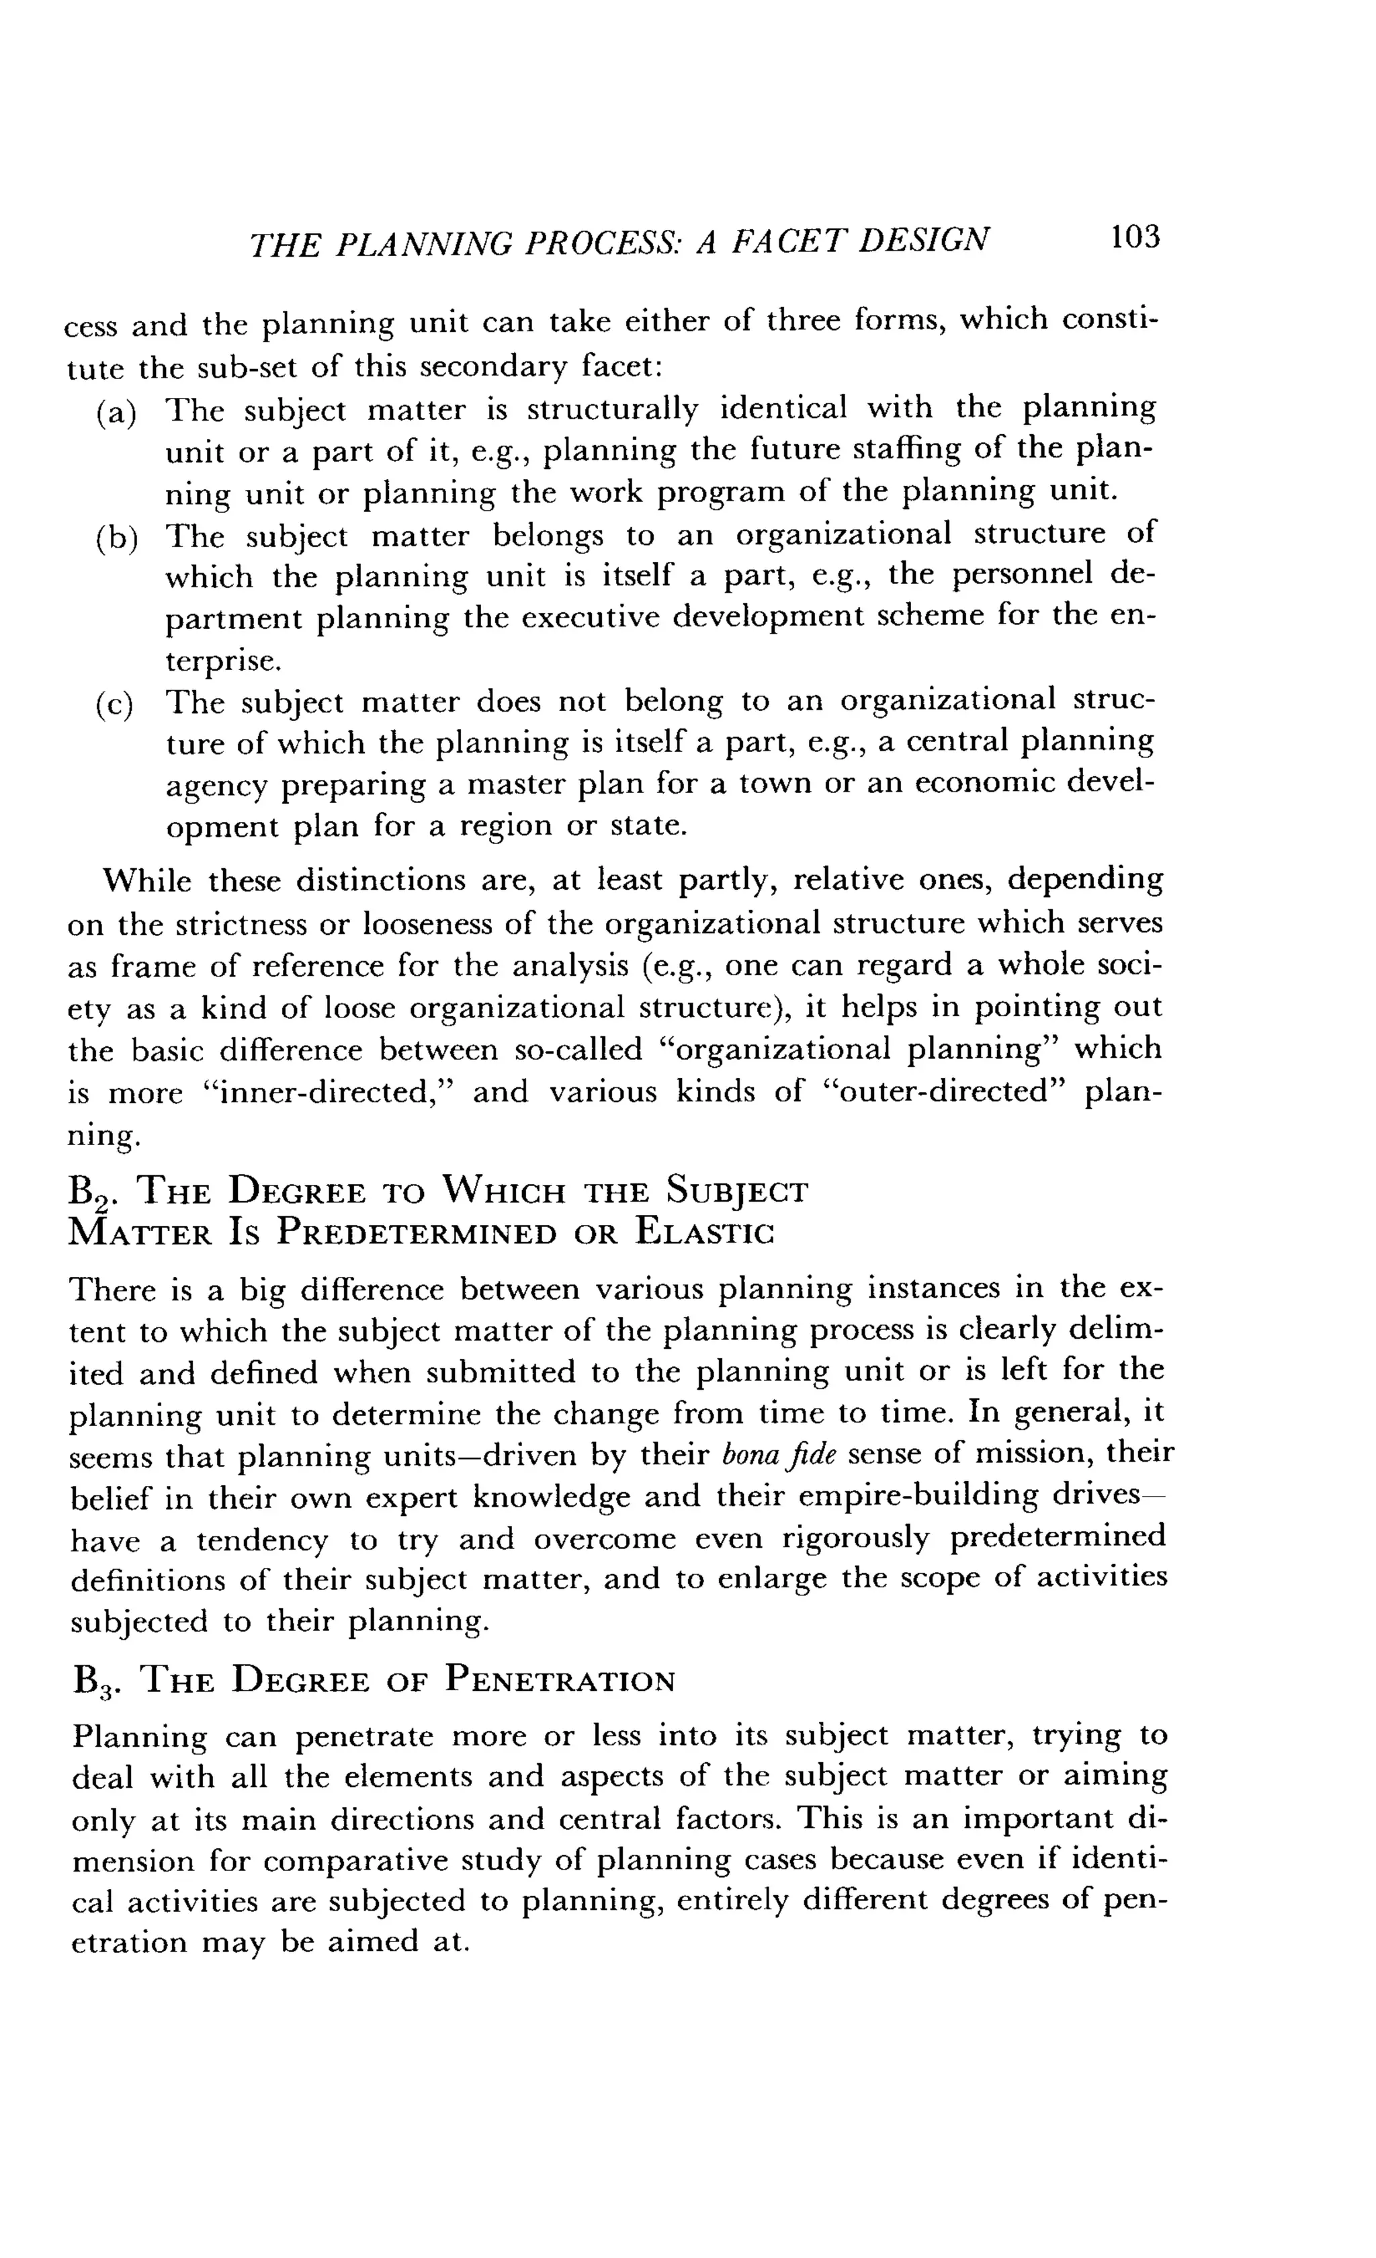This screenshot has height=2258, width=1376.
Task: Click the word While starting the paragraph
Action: [x=146, y=880]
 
